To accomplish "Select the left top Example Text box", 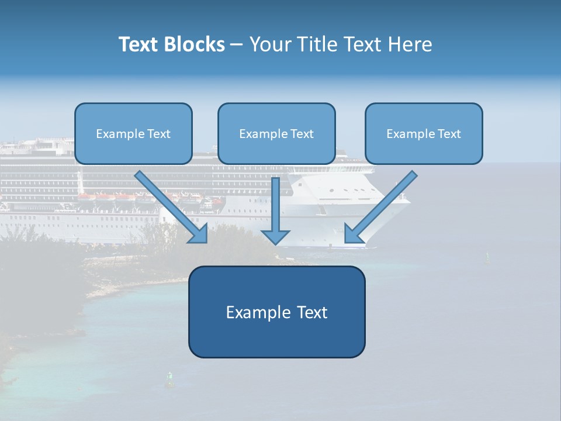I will (133, 134).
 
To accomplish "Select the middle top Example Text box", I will (276, 134).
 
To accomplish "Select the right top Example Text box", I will (424, 134).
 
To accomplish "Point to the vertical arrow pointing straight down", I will (275, 205).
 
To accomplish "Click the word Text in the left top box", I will (158, 134).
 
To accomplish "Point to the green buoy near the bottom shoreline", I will (170, 379).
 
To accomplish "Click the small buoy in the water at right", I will (487, 256).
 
